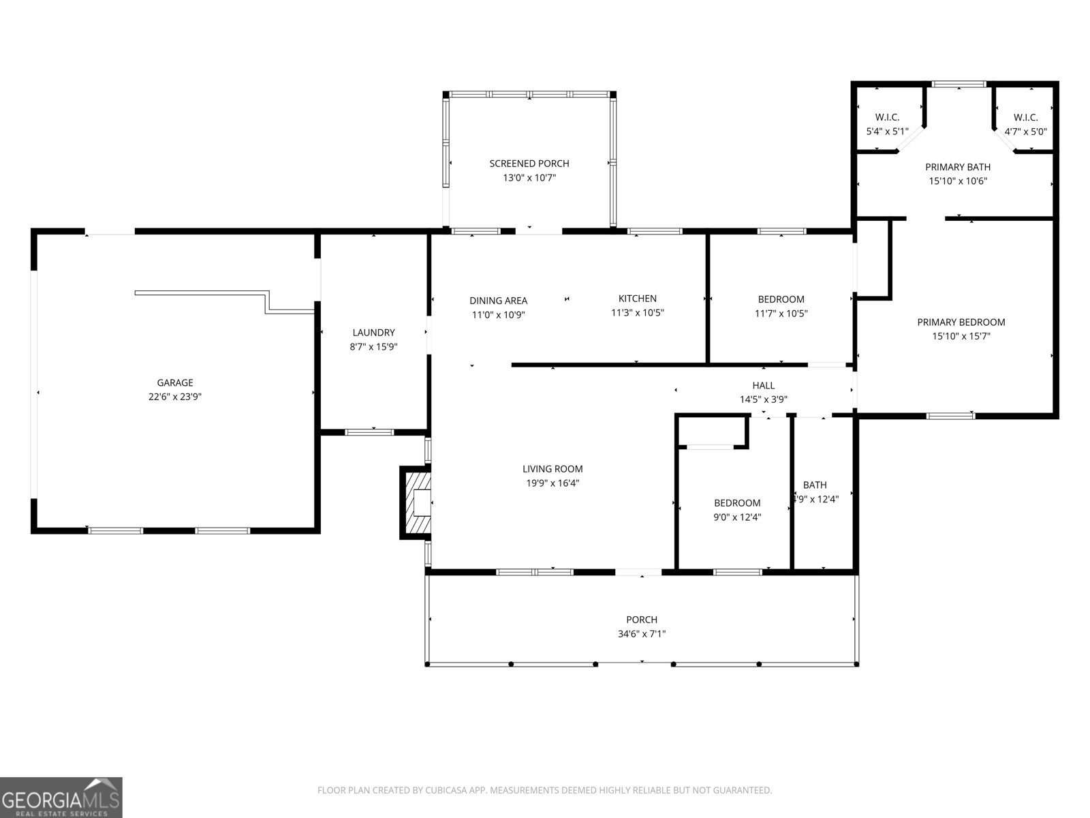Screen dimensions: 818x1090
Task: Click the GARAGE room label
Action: pyautogui.click(x=175, y=382)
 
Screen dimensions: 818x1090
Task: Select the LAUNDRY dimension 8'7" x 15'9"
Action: pyautogui.click(x=373, y=346)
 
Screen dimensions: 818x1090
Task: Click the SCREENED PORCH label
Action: pyautogui.click(x=529, y=164)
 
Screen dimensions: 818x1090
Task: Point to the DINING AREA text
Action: pyautogui.click(x=498, y=301)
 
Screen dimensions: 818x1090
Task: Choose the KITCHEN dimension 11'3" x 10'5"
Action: pyautogui.click(x=637, y=313)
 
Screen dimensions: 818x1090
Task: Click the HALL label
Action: pyautogui.click(x=763, y=386)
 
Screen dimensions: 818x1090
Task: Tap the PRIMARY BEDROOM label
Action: pyautogui.click(x=961, y=322)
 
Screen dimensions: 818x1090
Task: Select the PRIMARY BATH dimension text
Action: pyautogui.click(x=958, y=181)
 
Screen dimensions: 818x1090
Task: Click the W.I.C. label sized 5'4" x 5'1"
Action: pyautogui.click(x=887, y=117)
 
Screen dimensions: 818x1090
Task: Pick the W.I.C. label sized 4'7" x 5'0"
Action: pyautogui.click(x=1025, y=117)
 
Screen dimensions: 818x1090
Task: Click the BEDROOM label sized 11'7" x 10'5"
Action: pyautogui.click(x=781, y=299)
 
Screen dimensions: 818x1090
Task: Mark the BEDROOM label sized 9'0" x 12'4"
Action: pyautogui.click(x=737, y=503)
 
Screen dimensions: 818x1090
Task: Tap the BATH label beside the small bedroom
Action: pyautogui.click(x=815, y=485)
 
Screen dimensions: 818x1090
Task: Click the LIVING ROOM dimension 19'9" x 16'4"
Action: pyautogui.click(x=552, y=483)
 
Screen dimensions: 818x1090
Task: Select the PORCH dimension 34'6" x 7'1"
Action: pyautogui.click(x=642, y=634)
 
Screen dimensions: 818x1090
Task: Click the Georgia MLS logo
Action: pyautogui.click(x=61, y=798)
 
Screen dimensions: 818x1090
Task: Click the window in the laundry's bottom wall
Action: pyautogui.click(x=370, y=431)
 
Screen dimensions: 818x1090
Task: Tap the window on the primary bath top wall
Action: pyautogui.click(x=959, y=85)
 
